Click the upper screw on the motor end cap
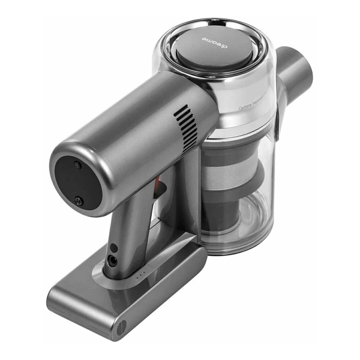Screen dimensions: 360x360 point(77,164)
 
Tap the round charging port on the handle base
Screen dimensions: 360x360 point(112,260)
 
